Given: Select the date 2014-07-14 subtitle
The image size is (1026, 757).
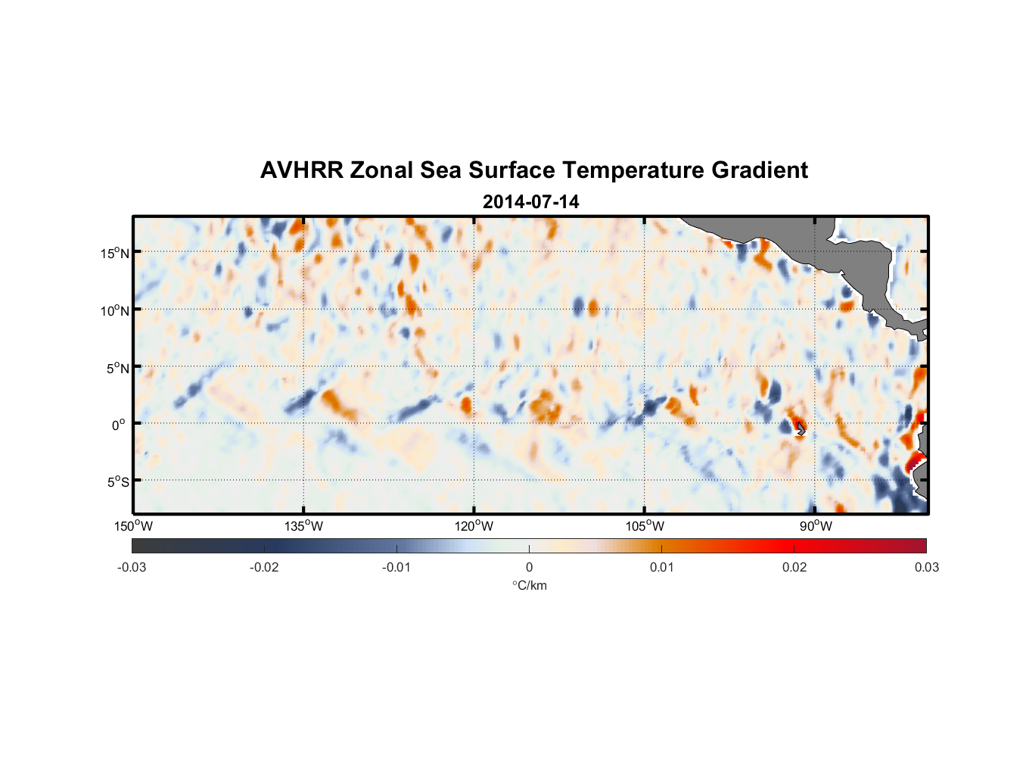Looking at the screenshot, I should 530,202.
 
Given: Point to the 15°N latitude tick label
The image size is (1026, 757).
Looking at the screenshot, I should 115,253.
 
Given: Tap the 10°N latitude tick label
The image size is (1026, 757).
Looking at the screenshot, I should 115,310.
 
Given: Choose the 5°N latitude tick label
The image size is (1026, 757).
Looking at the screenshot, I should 117,368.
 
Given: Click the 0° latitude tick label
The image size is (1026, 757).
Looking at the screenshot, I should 119,425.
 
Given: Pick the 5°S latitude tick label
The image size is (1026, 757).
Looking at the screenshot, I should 117,482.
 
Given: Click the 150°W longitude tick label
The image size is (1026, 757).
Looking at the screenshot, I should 133,526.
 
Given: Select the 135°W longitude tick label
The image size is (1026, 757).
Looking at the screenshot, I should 303,526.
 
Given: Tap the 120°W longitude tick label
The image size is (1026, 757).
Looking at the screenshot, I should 474,526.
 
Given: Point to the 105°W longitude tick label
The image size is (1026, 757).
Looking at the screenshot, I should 645,526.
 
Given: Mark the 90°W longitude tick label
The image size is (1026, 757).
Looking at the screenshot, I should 815,526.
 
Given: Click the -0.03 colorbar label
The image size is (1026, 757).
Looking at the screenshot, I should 132,567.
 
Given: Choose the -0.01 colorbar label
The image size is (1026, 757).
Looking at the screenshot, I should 396,567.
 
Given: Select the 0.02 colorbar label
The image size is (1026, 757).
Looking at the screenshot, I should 794,567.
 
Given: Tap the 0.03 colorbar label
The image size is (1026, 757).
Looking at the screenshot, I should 926,567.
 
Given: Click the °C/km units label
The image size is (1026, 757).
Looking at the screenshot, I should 529,585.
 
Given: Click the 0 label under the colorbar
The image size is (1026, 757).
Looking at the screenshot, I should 529,567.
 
